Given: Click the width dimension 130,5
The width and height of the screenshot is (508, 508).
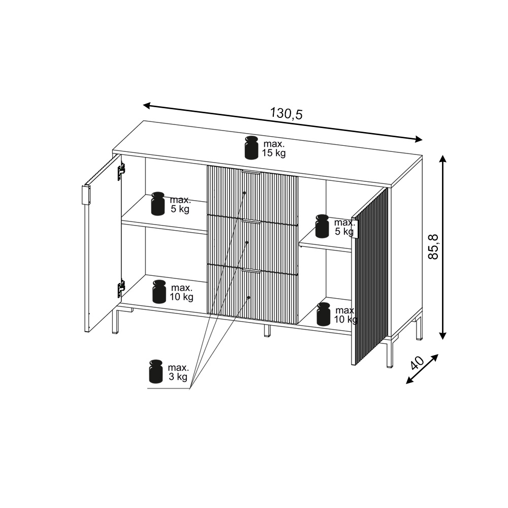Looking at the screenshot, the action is click(287, 113).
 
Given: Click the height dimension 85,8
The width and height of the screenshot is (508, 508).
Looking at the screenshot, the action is click(433, 246).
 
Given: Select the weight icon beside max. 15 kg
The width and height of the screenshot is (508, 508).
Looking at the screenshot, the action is click(251, 147).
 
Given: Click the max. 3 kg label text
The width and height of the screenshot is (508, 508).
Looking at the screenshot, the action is click(178, 372).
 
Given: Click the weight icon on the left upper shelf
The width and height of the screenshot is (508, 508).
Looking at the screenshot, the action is click(158, 204).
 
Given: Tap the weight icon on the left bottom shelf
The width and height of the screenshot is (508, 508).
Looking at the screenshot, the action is click(160, 292).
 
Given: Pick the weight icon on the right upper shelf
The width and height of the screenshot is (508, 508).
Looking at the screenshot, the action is click(322, 226).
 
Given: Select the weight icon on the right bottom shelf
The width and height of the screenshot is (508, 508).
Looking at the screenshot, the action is click(323, 314).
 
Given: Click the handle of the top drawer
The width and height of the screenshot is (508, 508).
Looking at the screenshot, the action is click(251, 172).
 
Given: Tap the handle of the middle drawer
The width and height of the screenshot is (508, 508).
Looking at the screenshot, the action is click(251, 221).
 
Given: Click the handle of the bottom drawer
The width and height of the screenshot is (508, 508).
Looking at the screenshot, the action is click(251, 271).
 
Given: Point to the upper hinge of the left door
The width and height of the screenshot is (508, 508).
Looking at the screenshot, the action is click(121, 171).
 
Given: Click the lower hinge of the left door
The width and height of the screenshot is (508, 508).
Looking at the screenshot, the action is click(121, 288).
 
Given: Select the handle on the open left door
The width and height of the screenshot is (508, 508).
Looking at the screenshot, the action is click(86, 195).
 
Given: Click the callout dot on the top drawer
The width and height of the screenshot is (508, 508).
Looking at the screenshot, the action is click(244, 193).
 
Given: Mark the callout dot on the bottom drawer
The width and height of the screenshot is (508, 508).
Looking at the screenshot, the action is click(249, 297).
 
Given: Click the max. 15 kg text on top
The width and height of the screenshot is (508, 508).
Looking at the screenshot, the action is click(274, 148).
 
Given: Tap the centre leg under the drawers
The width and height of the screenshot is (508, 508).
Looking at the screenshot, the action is click(267, 331).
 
